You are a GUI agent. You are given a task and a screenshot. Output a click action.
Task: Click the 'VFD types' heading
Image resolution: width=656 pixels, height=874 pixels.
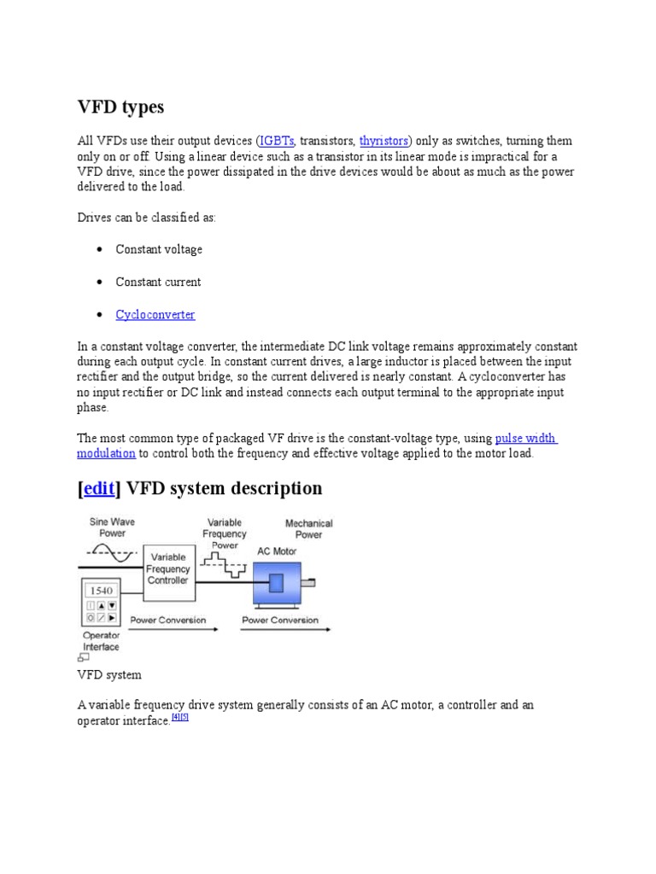click(120, 108)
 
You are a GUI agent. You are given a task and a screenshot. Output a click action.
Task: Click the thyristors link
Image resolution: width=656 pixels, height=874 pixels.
click(384, 141)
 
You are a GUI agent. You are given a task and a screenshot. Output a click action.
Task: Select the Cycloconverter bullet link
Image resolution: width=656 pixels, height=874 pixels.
click(155, 315)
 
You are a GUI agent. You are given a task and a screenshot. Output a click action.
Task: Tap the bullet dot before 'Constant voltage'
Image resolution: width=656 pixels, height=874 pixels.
click(100, 250)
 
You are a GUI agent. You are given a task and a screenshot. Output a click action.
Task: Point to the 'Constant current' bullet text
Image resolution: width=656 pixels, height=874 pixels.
click(159, 283)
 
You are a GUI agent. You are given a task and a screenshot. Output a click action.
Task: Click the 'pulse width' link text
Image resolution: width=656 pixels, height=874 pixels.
click(525, 439)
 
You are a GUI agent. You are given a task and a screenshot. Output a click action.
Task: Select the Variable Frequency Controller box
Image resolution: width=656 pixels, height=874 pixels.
click(167, 568)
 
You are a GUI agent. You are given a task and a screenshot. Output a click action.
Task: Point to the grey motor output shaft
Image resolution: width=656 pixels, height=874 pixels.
click(307, 583)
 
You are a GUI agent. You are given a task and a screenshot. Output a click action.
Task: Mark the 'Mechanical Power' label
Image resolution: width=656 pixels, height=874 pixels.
click(308, 528)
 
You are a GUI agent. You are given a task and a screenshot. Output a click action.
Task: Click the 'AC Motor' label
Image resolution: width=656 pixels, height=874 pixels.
click(276, 551)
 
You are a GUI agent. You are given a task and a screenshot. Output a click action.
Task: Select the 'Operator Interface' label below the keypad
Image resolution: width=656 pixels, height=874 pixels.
click(101, 641)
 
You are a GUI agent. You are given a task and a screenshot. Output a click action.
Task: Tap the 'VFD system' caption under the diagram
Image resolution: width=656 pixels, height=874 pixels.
click(109, 675)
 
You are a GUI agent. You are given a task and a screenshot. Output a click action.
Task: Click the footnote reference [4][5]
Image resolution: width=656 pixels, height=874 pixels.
click(179, 718)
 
